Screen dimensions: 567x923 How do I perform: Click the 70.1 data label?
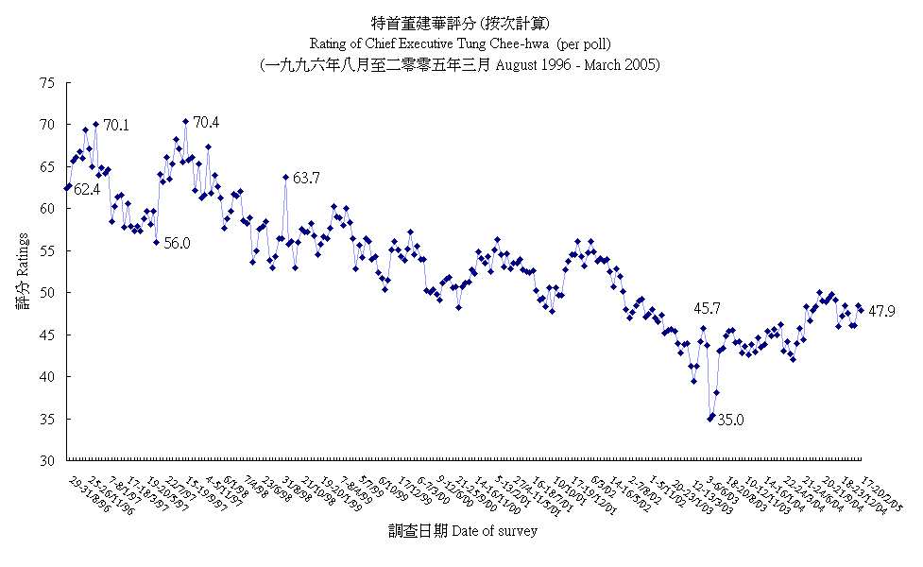(116, 125)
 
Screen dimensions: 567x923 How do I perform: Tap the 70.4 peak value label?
(206, 122)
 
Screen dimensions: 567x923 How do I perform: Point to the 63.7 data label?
(306, 178)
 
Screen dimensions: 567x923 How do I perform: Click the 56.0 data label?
(177, 243)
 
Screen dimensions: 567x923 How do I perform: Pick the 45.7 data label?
(708, 308)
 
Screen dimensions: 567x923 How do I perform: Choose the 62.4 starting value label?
(87, 190)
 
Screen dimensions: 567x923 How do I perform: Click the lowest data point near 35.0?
(709, 419)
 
